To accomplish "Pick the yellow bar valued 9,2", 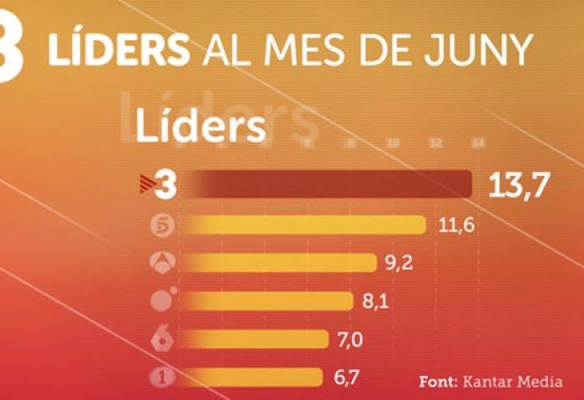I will click(280, 262).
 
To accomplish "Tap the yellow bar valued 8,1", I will click(268, 301).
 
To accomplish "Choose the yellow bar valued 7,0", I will click(256, 339).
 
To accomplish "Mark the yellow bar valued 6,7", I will click(252, 377).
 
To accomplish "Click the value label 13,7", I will click(519, 186).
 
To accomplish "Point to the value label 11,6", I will click(457, 226).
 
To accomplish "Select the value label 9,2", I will click(398, 263).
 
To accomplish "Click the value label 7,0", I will click(350, 340).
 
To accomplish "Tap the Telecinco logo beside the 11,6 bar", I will click(162, 226).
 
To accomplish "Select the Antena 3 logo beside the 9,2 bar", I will click(162, 262).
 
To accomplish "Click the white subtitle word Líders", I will click(200, 126).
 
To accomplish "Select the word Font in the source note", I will click(438, 381).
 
